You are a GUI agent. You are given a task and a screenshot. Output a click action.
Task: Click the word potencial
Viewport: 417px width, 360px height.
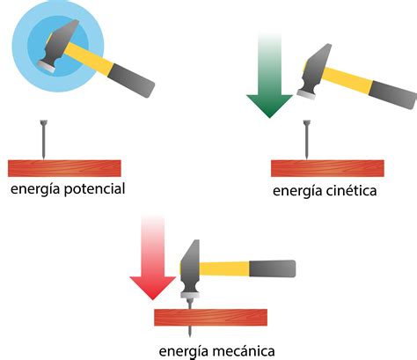coord(95,189)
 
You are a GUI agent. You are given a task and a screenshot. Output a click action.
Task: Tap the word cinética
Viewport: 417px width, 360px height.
coord(351,191)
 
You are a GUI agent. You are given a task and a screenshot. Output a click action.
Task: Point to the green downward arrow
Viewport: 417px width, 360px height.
coord(269,75)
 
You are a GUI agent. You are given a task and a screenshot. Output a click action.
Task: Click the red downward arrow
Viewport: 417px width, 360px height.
coord(152,257)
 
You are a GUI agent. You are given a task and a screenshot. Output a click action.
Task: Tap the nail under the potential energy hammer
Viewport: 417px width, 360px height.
coord(44,139)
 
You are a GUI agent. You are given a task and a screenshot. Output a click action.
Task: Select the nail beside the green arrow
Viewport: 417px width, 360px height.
coord(307,139)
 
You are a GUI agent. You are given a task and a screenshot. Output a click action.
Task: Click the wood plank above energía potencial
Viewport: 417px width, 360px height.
coord(64,168)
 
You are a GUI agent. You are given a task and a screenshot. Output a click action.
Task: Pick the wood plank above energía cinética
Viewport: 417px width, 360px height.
coord(327,168)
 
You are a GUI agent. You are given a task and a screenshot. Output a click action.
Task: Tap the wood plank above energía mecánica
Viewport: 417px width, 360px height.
coord(210,318)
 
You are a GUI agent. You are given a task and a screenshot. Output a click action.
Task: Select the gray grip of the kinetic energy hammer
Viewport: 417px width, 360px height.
coord(393,94)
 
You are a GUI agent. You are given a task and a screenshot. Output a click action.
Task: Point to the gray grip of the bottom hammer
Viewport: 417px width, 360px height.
coord(272,268)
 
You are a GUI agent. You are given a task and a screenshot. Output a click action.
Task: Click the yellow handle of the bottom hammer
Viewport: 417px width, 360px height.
coord(224,268)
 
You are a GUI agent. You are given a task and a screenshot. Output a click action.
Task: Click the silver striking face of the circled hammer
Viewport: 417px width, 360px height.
coord(47,67)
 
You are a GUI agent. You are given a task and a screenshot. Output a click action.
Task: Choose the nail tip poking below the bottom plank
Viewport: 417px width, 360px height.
coord(190,331)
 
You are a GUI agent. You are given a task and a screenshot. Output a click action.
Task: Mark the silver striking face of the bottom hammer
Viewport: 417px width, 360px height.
coord(190,295)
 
